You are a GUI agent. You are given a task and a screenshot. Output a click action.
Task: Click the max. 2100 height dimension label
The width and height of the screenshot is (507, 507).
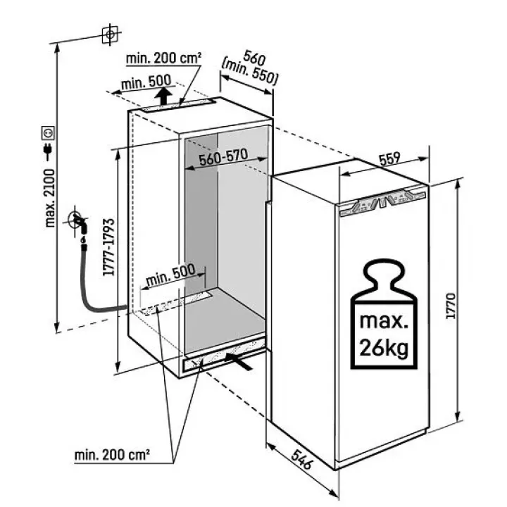50,198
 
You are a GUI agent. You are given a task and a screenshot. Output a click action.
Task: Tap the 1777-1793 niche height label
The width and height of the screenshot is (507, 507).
109,247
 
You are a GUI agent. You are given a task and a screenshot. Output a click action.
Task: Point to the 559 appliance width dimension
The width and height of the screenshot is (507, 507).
389,158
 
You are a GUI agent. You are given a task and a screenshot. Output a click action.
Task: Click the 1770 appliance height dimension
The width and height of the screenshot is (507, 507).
451,306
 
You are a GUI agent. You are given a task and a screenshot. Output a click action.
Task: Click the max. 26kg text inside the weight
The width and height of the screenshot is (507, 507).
384,334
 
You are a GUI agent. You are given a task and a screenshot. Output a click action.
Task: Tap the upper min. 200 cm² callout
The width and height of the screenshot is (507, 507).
163,58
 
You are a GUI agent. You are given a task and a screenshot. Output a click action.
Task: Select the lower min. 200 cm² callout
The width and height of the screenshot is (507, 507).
112,456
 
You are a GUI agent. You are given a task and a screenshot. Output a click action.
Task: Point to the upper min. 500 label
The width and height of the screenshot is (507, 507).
146,82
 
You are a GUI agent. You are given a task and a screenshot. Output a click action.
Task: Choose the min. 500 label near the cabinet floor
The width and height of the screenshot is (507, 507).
170,276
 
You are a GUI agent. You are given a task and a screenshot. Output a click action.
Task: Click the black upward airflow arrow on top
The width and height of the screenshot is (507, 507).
163,96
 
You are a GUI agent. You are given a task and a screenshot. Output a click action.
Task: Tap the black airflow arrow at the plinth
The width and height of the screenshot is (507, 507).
238,361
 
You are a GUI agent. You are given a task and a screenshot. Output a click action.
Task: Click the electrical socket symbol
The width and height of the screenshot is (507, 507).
48,133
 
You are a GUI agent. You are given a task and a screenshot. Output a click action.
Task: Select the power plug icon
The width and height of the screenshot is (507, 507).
48,151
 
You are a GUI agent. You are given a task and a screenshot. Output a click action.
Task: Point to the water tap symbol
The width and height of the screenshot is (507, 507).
78,223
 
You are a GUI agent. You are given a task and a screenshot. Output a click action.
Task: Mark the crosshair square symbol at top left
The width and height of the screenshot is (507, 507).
110,35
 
